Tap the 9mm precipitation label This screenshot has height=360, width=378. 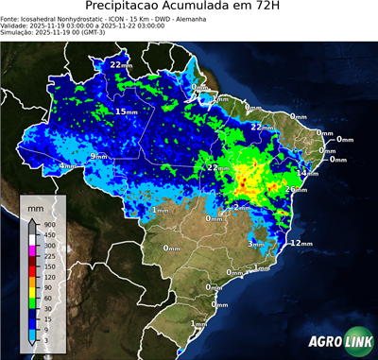pos(98,156)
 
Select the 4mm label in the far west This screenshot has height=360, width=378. pos(67,166)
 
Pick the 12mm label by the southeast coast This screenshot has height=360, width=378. pos(301,243)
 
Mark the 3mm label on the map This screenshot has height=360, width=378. pos(256,244)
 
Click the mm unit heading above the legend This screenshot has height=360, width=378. pos(36,205)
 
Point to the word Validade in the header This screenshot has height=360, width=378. pos(17,26)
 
